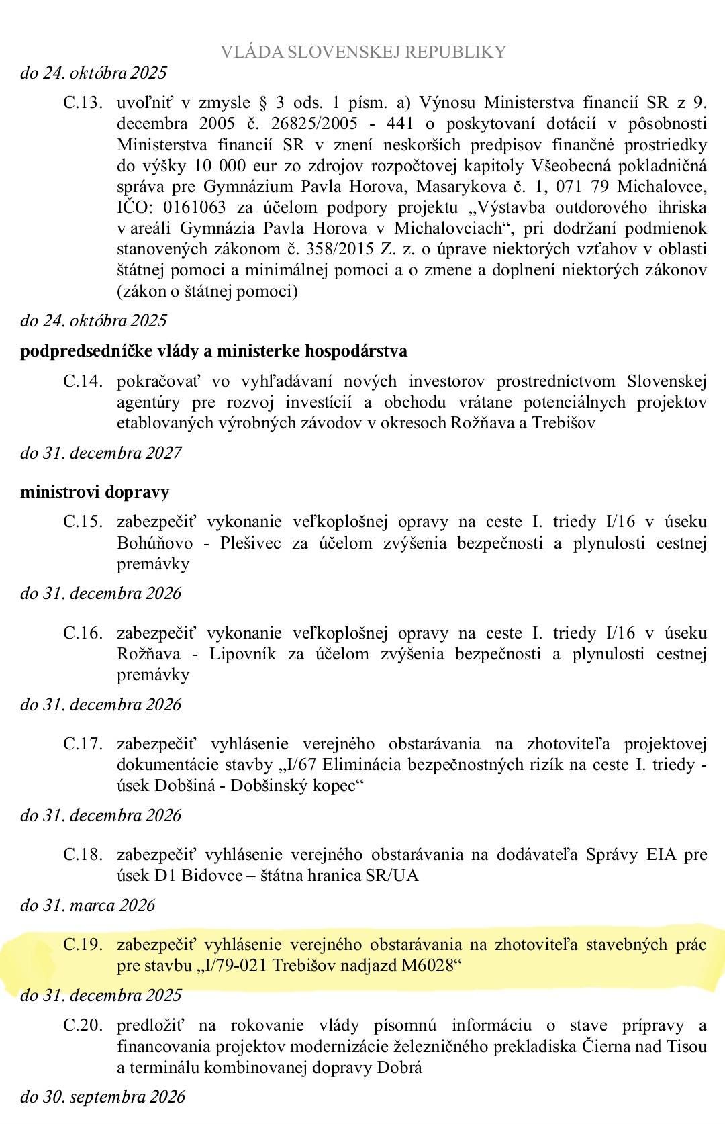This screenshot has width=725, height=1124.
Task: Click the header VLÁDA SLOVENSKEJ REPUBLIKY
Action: coord(363,52)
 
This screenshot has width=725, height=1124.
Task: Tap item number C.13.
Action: coord(83,103)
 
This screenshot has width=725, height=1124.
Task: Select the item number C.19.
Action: coord(83,945)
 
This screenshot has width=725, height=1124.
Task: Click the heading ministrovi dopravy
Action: coord(95,492)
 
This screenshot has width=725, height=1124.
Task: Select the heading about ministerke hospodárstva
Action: coord(213,351)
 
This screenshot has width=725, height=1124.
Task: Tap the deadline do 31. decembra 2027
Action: coord(101,453)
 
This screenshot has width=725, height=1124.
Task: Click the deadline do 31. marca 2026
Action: coord(87,906)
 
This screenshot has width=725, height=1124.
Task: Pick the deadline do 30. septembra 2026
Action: coord(102,1097)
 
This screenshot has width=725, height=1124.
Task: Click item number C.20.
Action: coord(83,1025)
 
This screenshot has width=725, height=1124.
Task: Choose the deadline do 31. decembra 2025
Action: coord(101,995)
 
